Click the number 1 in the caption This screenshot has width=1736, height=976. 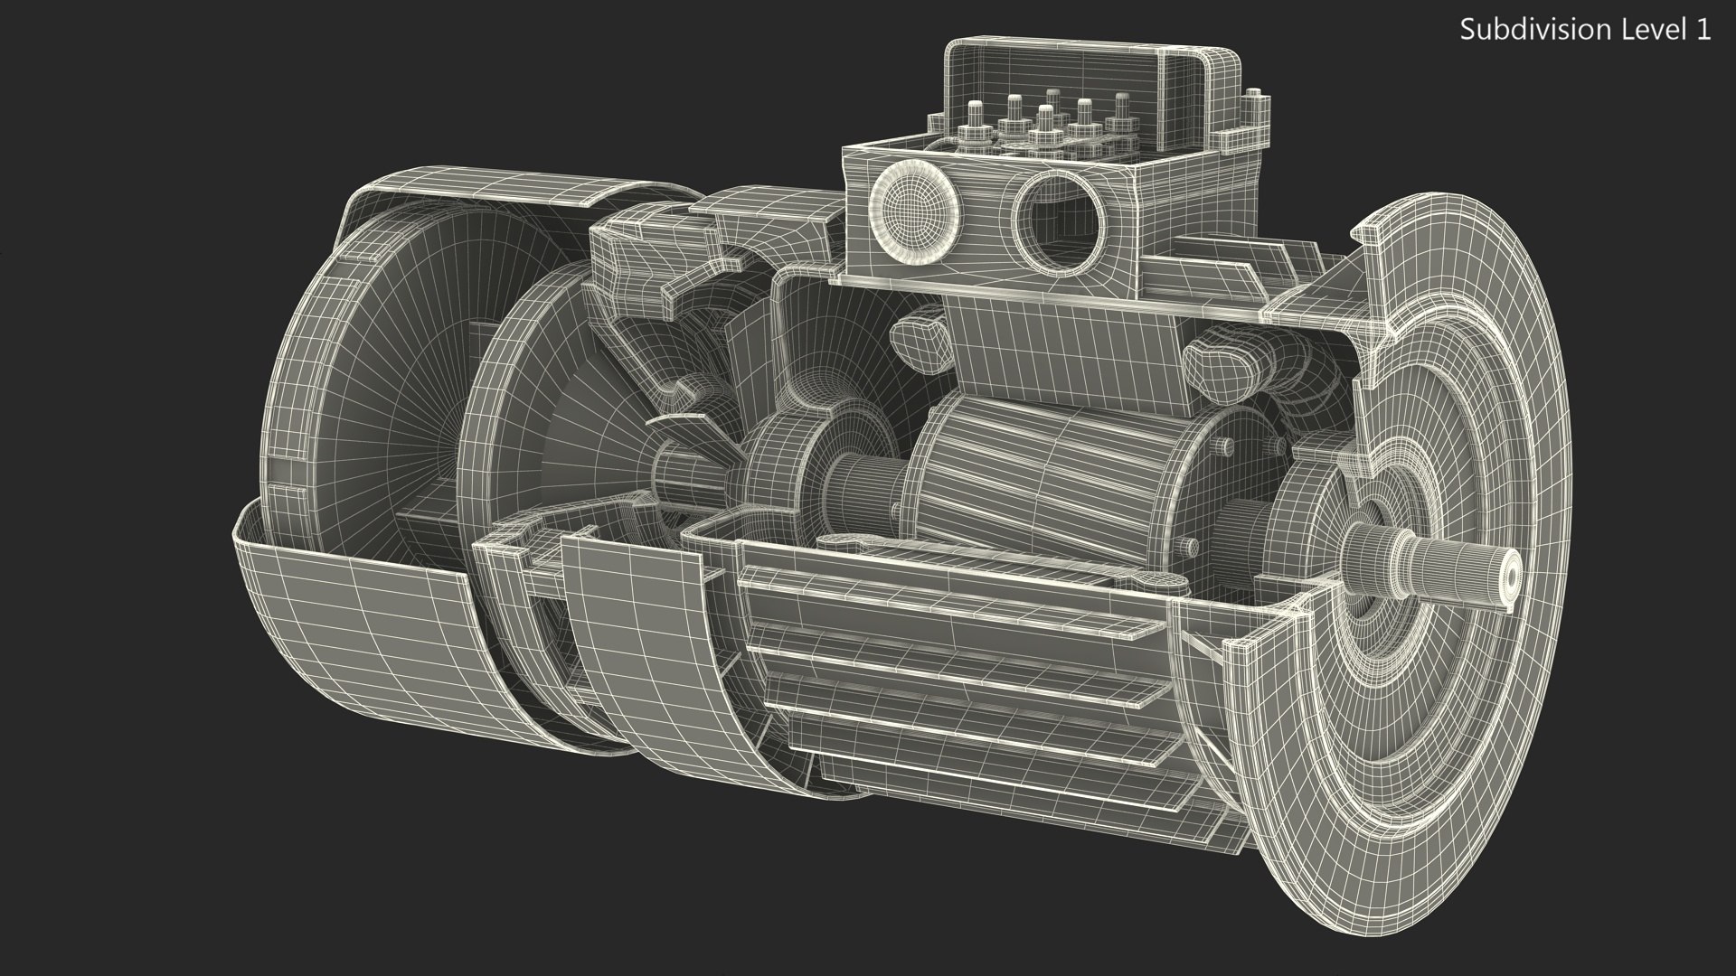[1703, 30]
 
